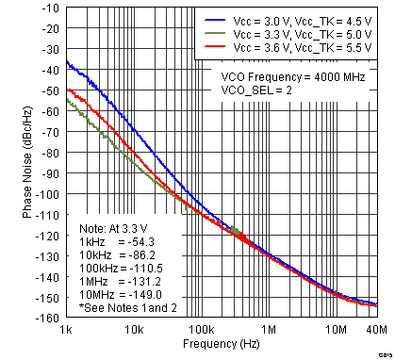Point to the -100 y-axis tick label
48,195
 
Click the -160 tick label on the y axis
48,319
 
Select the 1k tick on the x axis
66,330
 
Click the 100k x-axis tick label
201,330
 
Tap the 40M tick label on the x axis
374,330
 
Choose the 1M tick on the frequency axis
269,330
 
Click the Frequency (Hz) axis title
221,346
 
